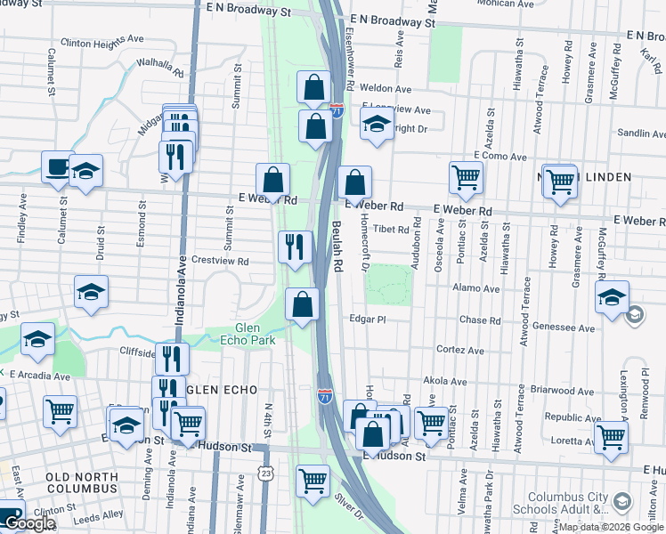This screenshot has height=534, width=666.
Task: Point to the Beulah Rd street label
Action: [337, 247]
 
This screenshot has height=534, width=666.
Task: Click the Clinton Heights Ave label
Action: [102, 40]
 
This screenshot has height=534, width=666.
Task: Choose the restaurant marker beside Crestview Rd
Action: [296, 247]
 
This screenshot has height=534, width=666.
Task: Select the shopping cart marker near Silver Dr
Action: [313, 481]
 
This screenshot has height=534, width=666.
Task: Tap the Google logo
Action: [30, 523]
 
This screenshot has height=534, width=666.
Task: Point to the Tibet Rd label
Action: [391, 229]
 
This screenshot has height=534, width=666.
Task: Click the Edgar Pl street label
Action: [368, 319]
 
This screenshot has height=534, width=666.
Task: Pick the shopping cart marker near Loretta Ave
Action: [612, 436]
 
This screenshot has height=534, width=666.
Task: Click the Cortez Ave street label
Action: [459, 351]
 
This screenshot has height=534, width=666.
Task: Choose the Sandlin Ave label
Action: [641, 133]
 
